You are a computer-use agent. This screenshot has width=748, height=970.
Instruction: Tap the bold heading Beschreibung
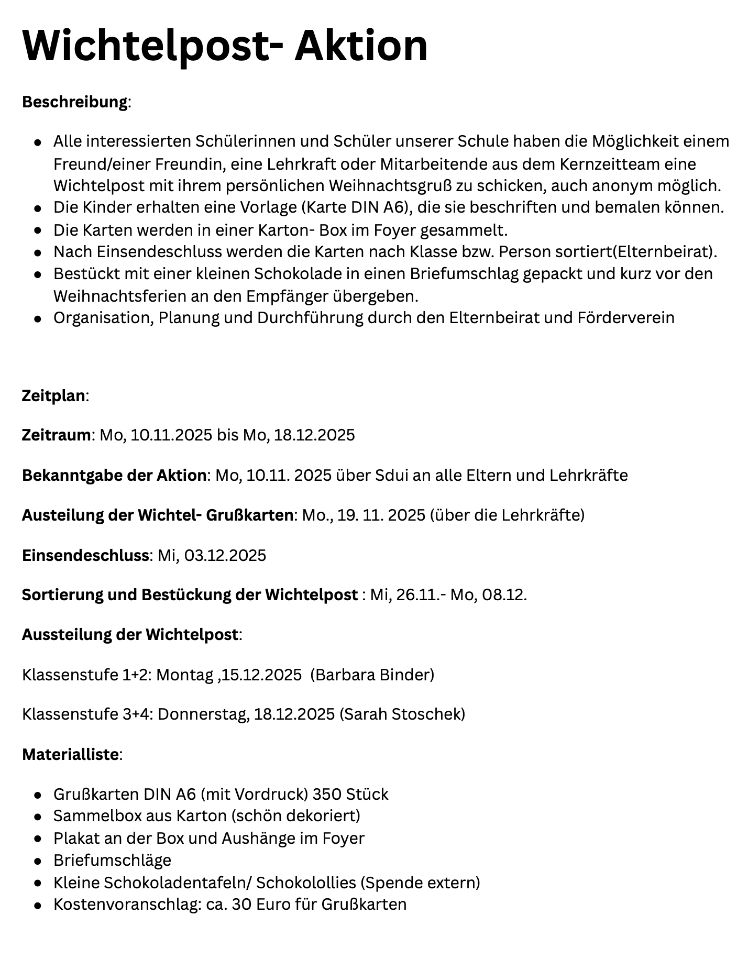tap(74, 102)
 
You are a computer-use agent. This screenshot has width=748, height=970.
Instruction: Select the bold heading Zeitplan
tap(53, 395)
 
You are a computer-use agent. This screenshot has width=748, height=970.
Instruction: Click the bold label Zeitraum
tap(56, 435)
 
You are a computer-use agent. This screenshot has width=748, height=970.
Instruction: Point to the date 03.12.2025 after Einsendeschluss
tap(225, 555)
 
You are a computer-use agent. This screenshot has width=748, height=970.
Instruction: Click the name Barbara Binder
tap(372, 675)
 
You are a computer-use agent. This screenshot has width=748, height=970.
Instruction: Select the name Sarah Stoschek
tap(402, 714)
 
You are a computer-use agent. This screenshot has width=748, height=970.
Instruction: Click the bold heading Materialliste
tap(70, 755)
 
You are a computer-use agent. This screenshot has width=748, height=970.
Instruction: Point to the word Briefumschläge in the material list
tap(112, 861)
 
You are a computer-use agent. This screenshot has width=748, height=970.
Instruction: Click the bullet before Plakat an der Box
tap(38, 839)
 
